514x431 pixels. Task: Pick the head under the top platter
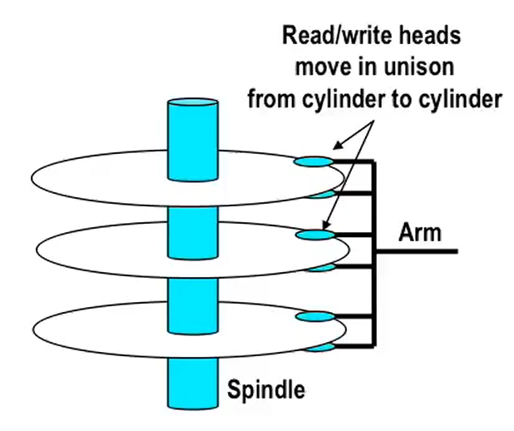click(x=323, y=194)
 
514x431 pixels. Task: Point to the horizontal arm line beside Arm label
click(x=416, y=250)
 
